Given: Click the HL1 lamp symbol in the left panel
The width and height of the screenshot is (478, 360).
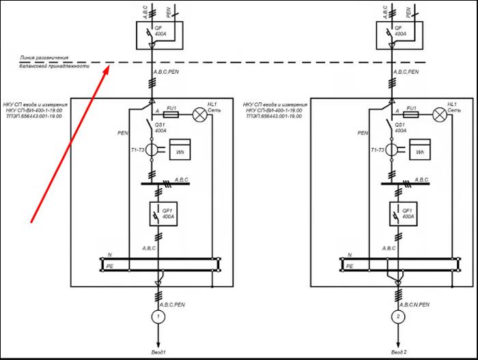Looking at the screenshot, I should point(201,115).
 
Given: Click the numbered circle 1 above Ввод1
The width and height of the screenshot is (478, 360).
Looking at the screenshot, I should point(158,317).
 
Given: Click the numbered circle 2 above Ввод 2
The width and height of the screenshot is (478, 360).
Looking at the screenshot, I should point(397,317).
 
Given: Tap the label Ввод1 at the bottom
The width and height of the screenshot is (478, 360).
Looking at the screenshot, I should point(158,351).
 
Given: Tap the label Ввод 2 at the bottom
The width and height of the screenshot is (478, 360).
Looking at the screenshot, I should point(398,351).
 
